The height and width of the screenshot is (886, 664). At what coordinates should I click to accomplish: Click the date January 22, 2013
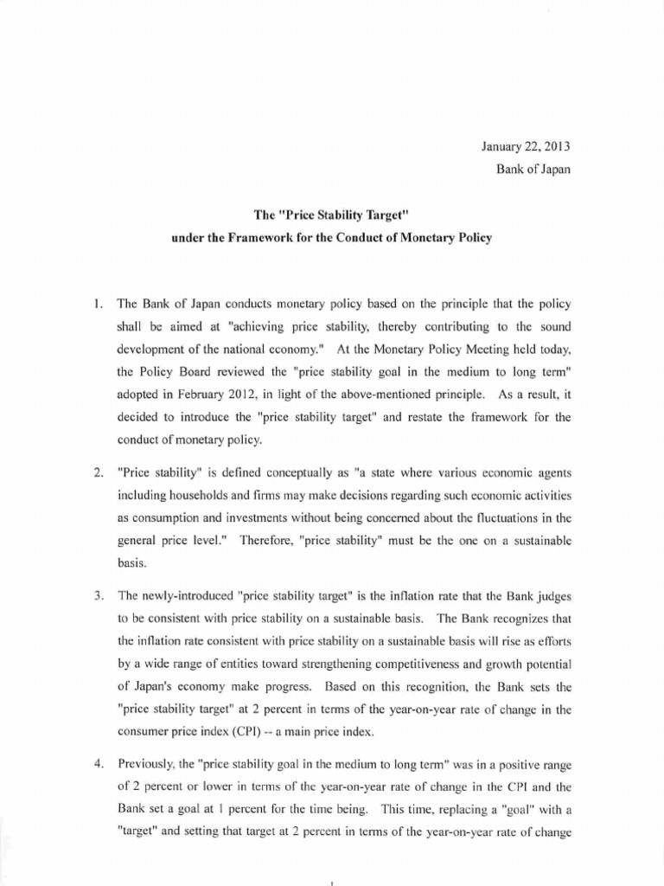(x=526, y=147)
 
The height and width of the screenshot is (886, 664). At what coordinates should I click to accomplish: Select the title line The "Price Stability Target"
(x=332, y=215)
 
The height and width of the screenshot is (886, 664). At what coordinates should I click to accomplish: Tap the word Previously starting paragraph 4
(x=147, y=742)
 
